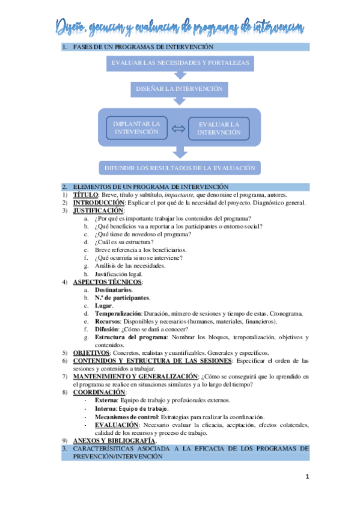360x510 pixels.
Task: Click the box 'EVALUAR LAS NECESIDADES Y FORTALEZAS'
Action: [x=180, y=62]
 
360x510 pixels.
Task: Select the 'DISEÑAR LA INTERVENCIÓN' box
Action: [x=179, y=89]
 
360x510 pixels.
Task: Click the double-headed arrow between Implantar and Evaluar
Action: [x=178, y=128]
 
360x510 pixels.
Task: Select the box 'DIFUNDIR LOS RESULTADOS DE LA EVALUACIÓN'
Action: [x=180, y=168]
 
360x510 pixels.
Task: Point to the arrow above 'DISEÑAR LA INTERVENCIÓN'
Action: [x=179, y=75]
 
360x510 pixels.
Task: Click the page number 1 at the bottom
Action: [x=307, y=477]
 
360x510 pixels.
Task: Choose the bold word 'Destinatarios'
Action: [x=113, y=289]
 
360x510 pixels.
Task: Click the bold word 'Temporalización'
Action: [x=118, y=313]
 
